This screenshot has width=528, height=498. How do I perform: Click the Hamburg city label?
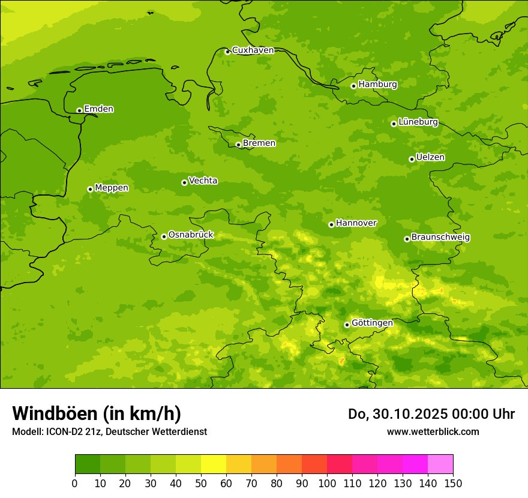coord(377,85)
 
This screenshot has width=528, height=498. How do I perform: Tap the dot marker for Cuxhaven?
coord(227,52)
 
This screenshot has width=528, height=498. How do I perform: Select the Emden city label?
coord(98,109)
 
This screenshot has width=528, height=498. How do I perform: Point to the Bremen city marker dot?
coord(238,145)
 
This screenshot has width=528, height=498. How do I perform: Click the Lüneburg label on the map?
coord(418,122)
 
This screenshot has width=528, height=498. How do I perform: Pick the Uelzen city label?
coord(430,157)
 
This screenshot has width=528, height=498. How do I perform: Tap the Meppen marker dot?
coord(90,189)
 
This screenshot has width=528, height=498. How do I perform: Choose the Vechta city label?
coord(203,181)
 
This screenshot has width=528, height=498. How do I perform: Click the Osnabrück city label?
coord(191,235)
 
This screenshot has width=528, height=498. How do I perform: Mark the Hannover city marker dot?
coord(331,224)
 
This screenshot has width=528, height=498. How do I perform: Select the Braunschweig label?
coord(440,237)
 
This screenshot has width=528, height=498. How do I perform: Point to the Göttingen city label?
coord(372,323)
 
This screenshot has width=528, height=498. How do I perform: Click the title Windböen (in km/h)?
coord(97,413)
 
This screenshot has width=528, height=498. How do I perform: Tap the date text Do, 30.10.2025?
coord(399,414)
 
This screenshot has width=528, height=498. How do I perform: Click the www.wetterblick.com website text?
coord(433,431)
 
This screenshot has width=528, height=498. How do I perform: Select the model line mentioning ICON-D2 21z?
coord(109,431)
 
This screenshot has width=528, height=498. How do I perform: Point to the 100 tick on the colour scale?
coord(327,482)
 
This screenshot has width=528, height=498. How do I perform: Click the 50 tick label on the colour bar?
coord(201,482)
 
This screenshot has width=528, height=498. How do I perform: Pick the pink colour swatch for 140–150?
coord(440,464)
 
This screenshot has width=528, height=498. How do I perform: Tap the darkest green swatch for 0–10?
coord(88,464)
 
